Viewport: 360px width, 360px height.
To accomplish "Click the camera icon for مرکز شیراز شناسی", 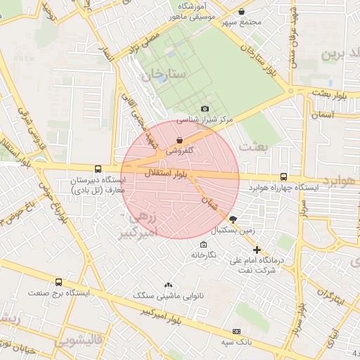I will tap(205, 108).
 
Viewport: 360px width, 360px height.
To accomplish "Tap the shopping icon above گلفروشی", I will tap(181, 140).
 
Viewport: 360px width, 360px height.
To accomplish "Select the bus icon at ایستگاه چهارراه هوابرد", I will tap(283, 177).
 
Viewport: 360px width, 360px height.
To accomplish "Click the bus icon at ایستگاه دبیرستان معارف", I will tap(97, 169).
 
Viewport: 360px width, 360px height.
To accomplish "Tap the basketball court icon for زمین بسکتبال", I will tap(233, 219).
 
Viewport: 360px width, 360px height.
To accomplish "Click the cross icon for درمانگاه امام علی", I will tap(257, 250).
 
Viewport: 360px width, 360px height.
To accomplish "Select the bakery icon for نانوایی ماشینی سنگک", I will tap(167, 285).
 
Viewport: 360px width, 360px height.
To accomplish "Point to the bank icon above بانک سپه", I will tap(236, 330).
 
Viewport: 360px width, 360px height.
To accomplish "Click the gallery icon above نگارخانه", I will tap(203, 245).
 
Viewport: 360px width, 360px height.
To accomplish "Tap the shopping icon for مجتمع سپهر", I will tap(242, 12).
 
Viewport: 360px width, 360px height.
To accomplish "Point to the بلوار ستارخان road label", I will tap(261, 61).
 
